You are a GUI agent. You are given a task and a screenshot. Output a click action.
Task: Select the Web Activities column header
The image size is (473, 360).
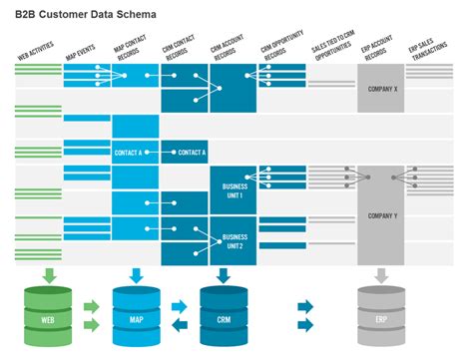pos(36,51)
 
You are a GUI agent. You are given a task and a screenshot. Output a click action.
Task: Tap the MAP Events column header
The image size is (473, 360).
pos(81,50)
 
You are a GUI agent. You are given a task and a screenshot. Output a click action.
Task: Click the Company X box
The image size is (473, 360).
pos(381,90)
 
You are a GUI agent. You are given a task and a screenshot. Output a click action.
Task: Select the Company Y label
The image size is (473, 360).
pos(381,215)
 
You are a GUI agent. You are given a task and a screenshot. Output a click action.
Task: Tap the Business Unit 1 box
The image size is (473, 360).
pos(234,191)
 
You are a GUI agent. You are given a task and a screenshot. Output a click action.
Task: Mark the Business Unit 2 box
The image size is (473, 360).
pos(234,241)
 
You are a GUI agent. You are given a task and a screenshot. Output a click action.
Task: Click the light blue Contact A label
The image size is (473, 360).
pos(135,153)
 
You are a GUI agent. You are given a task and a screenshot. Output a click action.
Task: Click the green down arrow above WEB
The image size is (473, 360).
pos(46,274)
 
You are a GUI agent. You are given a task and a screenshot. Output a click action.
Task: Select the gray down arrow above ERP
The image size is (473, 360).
pos(380,274)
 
